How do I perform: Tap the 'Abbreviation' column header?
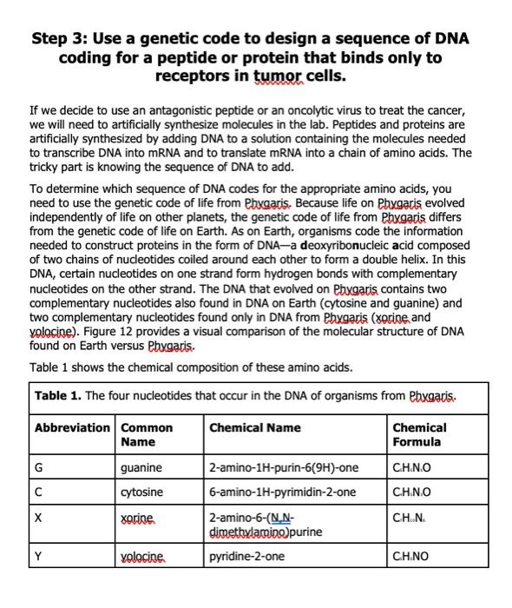(x=73, y=427)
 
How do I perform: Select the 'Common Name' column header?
(x=147, y=434)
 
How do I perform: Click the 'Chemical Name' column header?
(x=255, y=427)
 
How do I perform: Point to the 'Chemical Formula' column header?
(x=420, y=434)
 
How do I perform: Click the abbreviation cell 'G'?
(x=39, y=467)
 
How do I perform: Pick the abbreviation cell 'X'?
(x=38, y=516)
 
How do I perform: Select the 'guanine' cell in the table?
(x=142, y=467)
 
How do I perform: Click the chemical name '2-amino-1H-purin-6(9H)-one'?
(x=283, y=467)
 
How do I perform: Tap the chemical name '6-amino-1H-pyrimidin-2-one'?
(x=282, y=492)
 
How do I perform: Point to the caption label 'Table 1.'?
(x=58, y=396)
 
